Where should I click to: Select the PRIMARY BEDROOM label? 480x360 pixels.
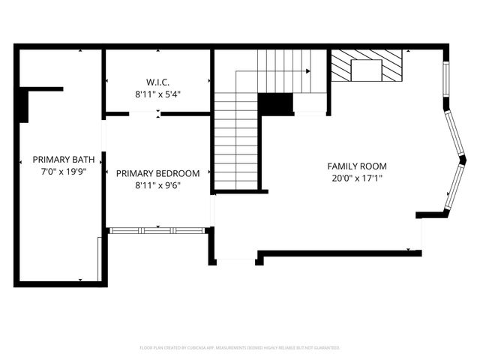coord(157,173)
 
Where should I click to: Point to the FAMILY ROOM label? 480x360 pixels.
coord(357,166)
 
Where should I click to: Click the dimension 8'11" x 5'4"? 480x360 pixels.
coord(157,94)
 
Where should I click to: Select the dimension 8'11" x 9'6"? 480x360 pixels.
coord(157,185)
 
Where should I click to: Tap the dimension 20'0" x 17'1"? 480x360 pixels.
coord(357,178)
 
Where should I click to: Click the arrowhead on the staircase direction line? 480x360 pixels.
coord(307,71)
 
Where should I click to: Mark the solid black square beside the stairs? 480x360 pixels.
coord(275,104)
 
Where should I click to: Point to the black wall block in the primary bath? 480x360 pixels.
coord(24,104)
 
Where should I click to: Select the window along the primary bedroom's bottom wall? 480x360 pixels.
coord(157,230)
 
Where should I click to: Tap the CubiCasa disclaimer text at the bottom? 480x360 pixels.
coord(240,348)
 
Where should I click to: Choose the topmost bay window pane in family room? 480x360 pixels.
coord(447,79)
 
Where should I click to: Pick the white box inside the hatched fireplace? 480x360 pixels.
coord(367,70)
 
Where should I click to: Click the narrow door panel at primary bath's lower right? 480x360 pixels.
coord(99,259)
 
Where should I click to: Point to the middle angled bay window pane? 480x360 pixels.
coord(454,135)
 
